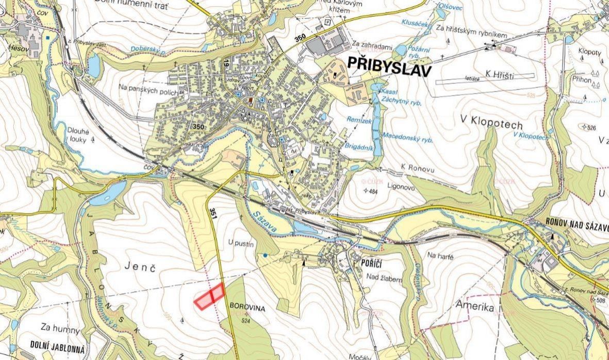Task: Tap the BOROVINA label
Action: click(x=248, y=308)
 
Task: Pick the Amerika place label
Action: click(x=475, y=307)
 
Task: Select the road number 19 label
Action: click(x=226, y=63)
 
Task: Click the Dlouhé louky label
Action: click(x=78, y=135)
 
